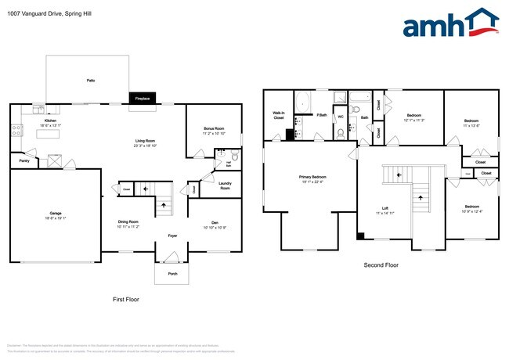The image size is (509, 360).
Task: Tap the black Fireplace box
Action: tap(143, 99)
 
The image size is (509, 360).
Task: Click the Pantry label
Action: tap(23, 161)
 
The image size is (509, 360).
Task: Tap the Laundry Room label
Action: tap(225, 186)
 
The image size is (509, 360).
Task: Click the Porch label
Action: tap(171, 274)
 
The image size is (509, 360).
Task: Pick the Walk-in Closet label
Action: tap(278, 115)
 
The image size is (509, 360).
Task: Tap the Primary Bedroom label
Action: tap(312, 177)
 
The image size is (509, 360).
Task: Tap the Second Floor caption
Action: tap(381, 266)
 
